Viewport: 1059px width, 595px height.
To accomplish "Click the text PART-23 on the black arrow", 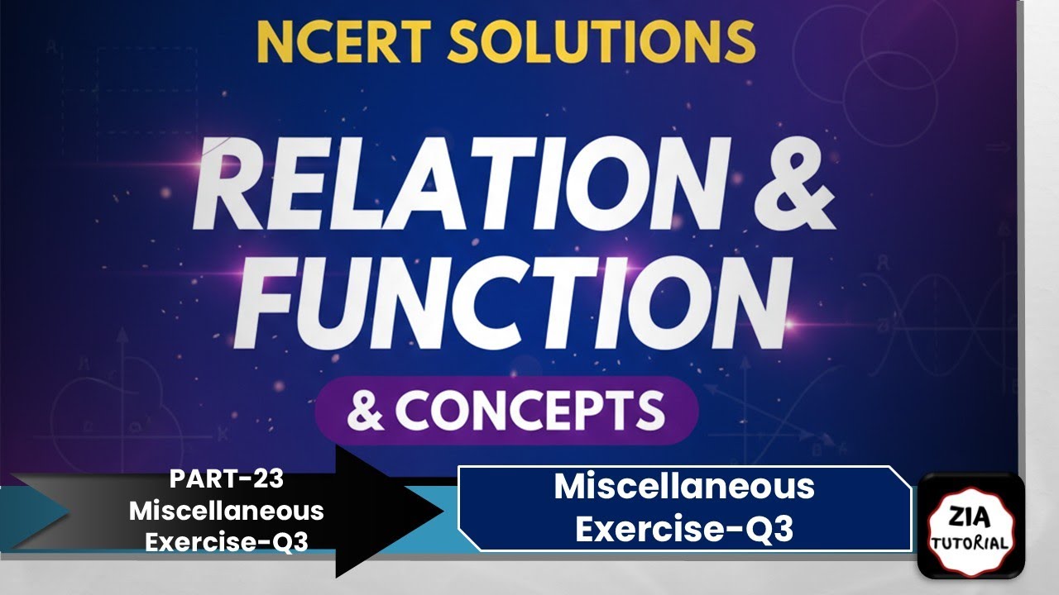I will click(x=226, y=480).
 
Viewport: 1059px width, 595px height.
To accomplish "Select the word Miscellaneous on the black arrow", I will click(x=226, y=511).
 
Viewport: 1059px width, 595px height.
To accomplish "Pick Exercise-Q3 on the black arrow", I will click(x=226, y=541).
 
